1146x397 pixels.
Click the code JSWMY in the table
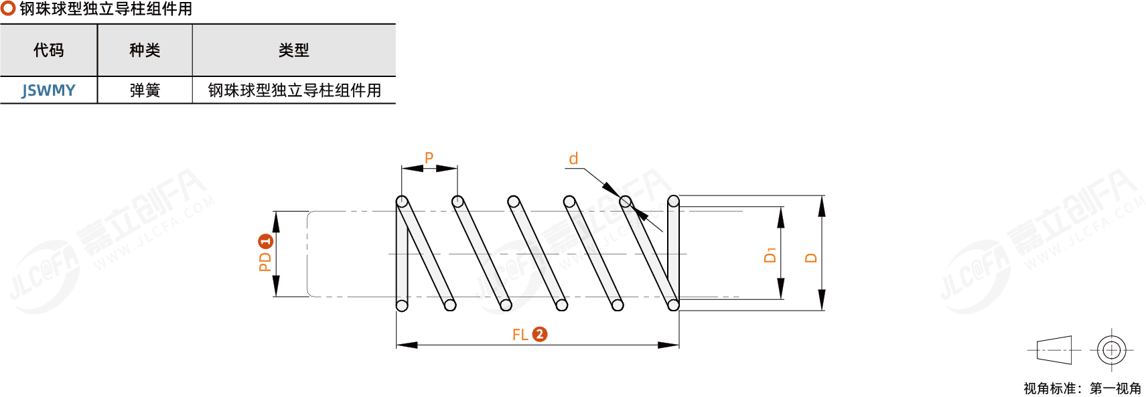48,90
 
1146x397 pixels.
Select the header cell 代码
48,50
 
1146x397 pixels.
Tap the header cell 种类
145,50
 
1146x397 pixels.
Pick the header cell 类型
293,50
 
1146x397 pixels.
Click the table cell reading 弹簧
145,90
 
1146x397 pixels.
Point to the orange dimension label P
429,158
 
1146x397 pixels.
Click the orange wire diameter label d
573,159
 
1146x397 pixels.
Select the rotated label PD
265,261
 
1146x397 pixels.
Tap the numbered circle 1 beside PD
265,241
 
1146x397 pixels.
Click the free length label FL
520,335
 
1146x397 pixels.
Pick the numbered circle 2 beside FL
540,334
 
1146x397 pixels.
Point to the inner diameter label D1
770,254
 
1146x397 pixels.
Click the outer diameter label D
811,258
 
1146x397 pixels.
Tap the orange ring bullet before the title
8,9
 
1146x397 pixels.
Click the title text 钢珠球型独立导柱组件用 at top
106,9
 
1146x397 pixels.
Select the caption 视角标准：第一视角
1082,388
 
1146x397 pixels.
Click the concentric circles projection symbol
1111,350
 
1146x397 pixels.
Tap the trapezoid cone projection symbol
1054,350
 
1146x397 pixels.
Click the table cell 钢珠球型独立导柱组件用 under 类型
294,90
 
